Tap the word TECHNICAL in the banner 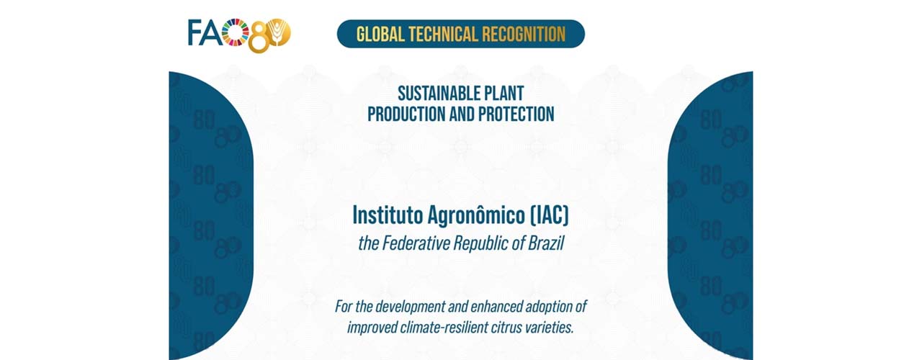coord(443,34)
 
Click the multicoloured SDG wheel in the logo coord(236,31)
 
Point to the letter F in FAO coord(195,32)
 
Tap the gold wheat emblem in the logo coord(279,32)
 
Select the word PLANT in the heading coord(503,94)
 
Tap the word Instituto coord(388,215)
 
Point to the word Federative coord(416,243)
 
